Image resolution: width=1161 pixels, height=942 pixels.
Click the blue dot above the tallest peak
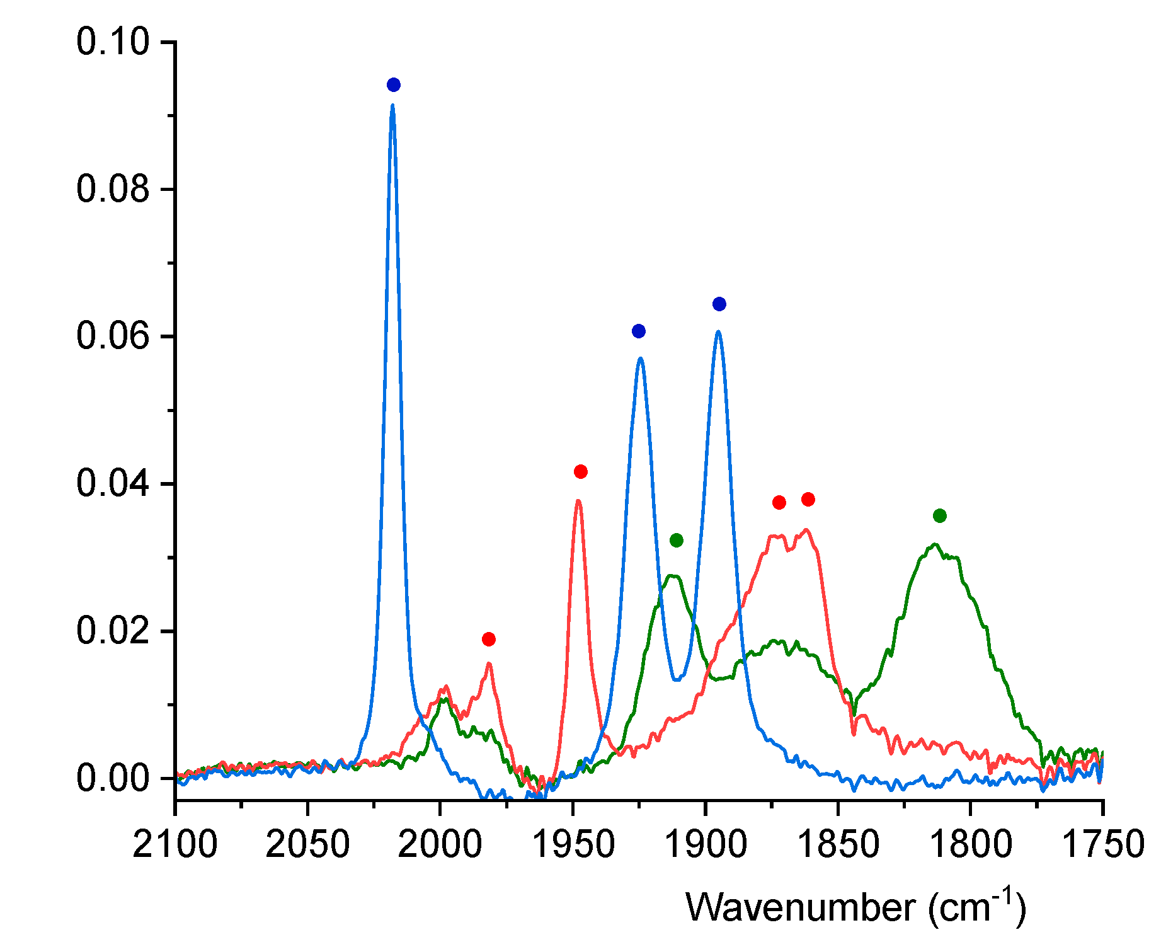point(394,85)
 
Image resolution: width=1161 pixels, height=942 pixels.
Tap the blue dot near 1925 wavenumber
point(639,331)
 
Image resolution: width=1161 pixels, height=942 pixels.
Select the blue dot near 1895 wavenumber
point(719,304)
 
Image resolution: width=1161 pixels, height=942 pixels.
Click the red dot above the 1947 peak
point(581,472)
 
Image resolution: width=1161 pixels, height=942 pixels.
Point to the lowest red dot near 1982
point(489,640)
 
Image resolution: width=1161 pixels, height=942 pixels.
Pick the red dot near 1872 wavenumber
point(779,502)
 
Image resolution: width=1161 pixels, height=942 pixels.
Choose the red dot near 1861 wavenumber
point(808,500)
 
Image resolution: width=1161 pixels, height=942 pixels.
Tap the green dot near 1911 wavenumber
point(677,541)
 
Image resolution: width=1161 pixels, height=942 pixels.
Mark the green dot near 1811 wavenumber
point(940,516)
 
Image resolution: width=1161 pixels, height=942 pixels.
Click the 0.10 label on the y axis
point(113,42)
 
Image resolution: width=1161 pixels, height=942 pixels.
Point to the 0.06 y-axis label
point(113,336)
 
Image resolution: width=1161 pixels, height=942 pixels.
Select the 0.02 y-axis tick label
point(113,631)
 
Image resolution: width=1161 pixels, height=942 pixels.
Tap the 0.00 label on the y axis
point(113,778)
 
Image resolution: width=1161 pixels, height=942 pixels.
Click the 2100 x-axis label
point(175,844)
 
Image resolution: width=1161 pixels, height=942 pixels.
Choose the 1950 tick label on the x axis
point(573,844)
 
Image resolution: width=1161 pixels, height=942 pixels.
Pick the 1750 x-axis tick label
point(1102,844)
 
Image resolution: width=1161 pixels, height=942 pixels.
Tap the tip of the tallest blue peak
point(392,106)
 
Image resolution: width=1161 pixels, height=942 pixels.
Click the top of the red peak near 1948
point(578,501)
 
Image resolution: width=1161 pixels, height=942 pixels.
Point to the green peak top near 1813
point(935,544)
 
